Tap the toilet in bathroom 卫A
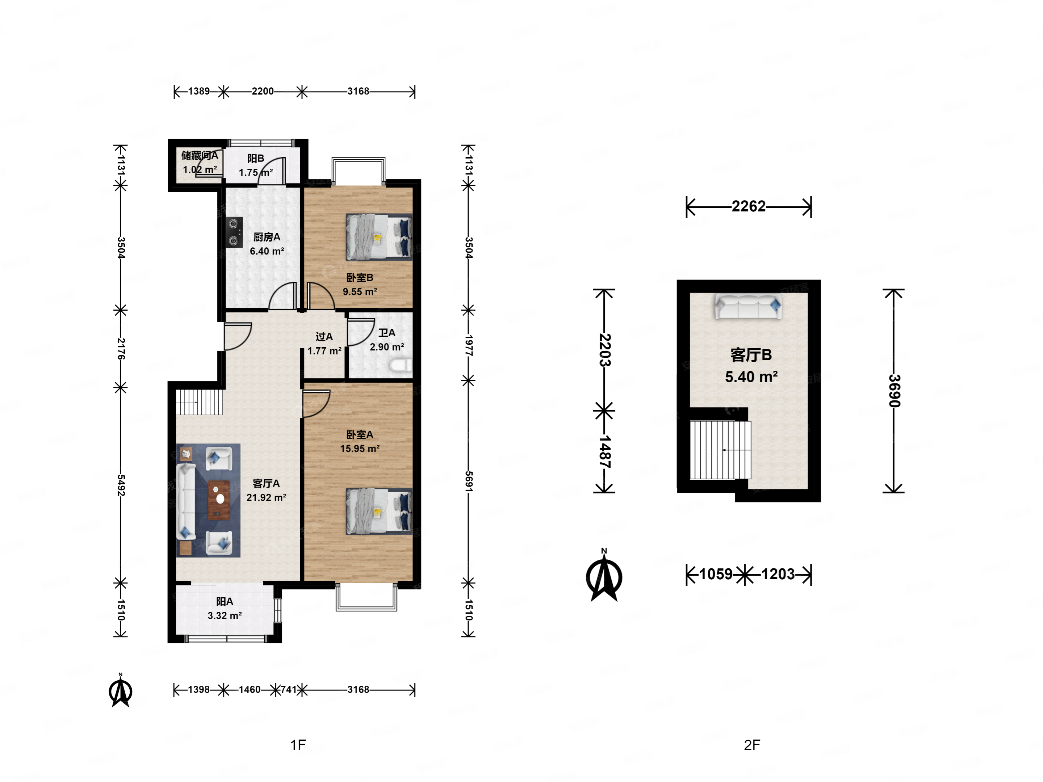(x=401, y=365)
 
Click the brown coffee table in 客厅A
(x=219, y=500)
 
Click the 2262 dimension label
(x=748, y=206)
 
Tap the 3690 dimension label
(x=894, y=391)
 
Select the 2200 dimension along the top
(x=263, y=91)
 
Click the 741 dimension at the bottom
(x=289, y=690)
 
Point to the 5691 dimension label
(x=469, y=481)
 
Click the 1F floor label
(x=298, y=745)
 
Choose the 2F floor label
(x=752, y=745)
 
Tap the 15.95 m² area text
(x=360, y=449)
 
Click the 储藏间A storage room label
(x=200, y=156)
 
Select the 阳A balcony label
(x=225, y=601)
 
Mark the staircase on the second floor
(x=720, y=450)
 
